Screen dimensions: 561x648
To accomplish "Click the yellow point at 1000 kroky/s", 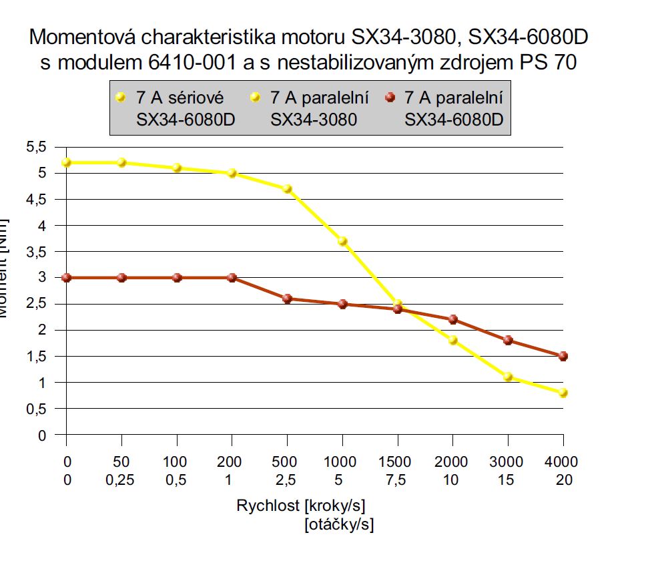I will (343, 241).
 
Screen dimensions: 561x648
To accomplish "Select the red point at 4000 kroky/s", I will (563, 356).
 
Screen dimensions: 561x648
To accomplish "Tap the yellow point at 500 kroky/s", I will (288, 189).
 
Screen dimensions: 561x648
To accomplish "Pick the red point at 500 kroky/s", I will (288, 299).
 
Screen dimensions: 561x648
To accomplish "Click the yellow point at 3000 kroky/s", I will (508, 377).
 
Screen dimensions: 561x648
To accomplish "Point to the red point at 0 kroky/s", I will (66, 278).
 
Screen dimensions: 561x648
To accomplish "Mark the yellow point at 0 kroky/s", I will (66, 163).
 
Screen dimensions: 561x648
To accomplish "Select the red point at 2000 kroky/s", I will (453, 319).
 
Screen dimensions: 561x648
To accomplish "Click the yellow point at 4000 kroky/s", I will (563, 393).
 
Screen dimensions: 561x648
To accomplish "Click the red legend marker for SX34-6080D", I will (390, 98).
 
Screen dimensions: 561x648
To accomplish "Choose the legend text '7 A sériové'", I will (180, 98).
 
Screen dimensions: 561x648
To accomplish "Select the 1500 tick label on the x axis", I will (398, 461).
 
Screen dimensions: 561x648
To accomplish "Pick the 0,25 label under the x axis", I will (121, 480).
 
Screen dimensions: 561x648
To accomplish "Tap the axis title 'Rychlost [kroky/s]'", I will (300, 506).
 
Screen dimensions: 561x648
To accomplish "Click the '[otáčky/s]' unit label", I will (339, 526).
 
